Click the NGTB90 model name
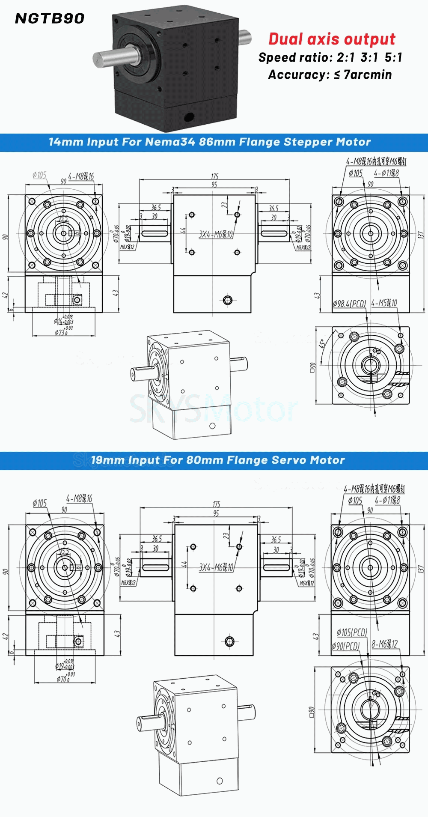[x=50, y=18]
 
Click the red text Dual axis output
[x=332, y=39]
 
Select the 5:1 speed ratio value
[x=393, y=57]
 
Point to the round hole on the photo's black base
[x=188, y=116]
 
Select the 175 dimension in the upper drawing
[x=214, y=176]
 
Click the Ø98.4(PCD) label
[x=349, y=304]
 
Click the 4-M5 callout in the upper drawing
[x=384, y=303]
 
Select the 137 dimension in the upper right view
[x=421, y=235]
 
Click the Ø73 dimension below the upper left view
[x=61, y=332]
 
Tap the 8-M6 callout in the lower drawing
[x=384, y=644]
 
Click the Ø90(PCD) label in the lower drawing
[x=345, y=646]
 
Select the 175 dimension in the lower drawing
[x=216, y=504]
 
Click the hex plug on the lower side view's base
[x=229, y=641]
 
